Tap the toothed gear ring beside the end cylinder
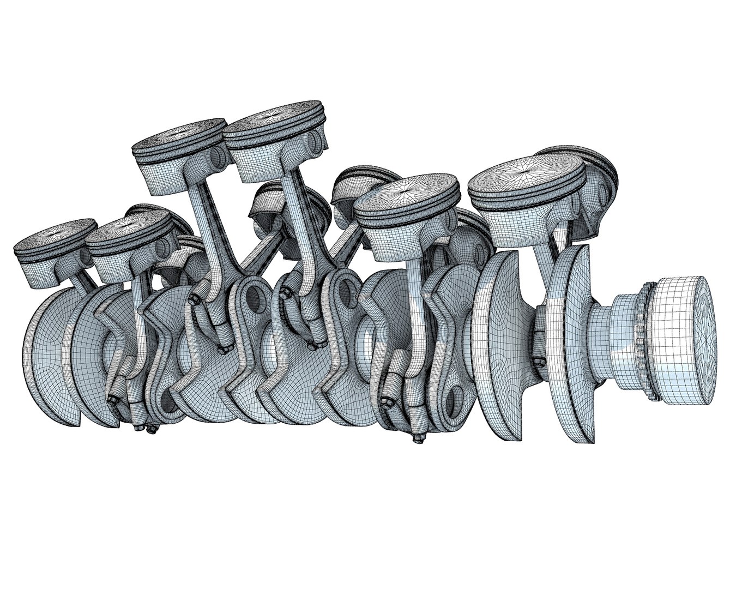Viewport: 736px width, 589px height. pos(649,341)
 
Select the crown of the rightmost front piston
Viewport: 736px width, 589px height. pos(526,176)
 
